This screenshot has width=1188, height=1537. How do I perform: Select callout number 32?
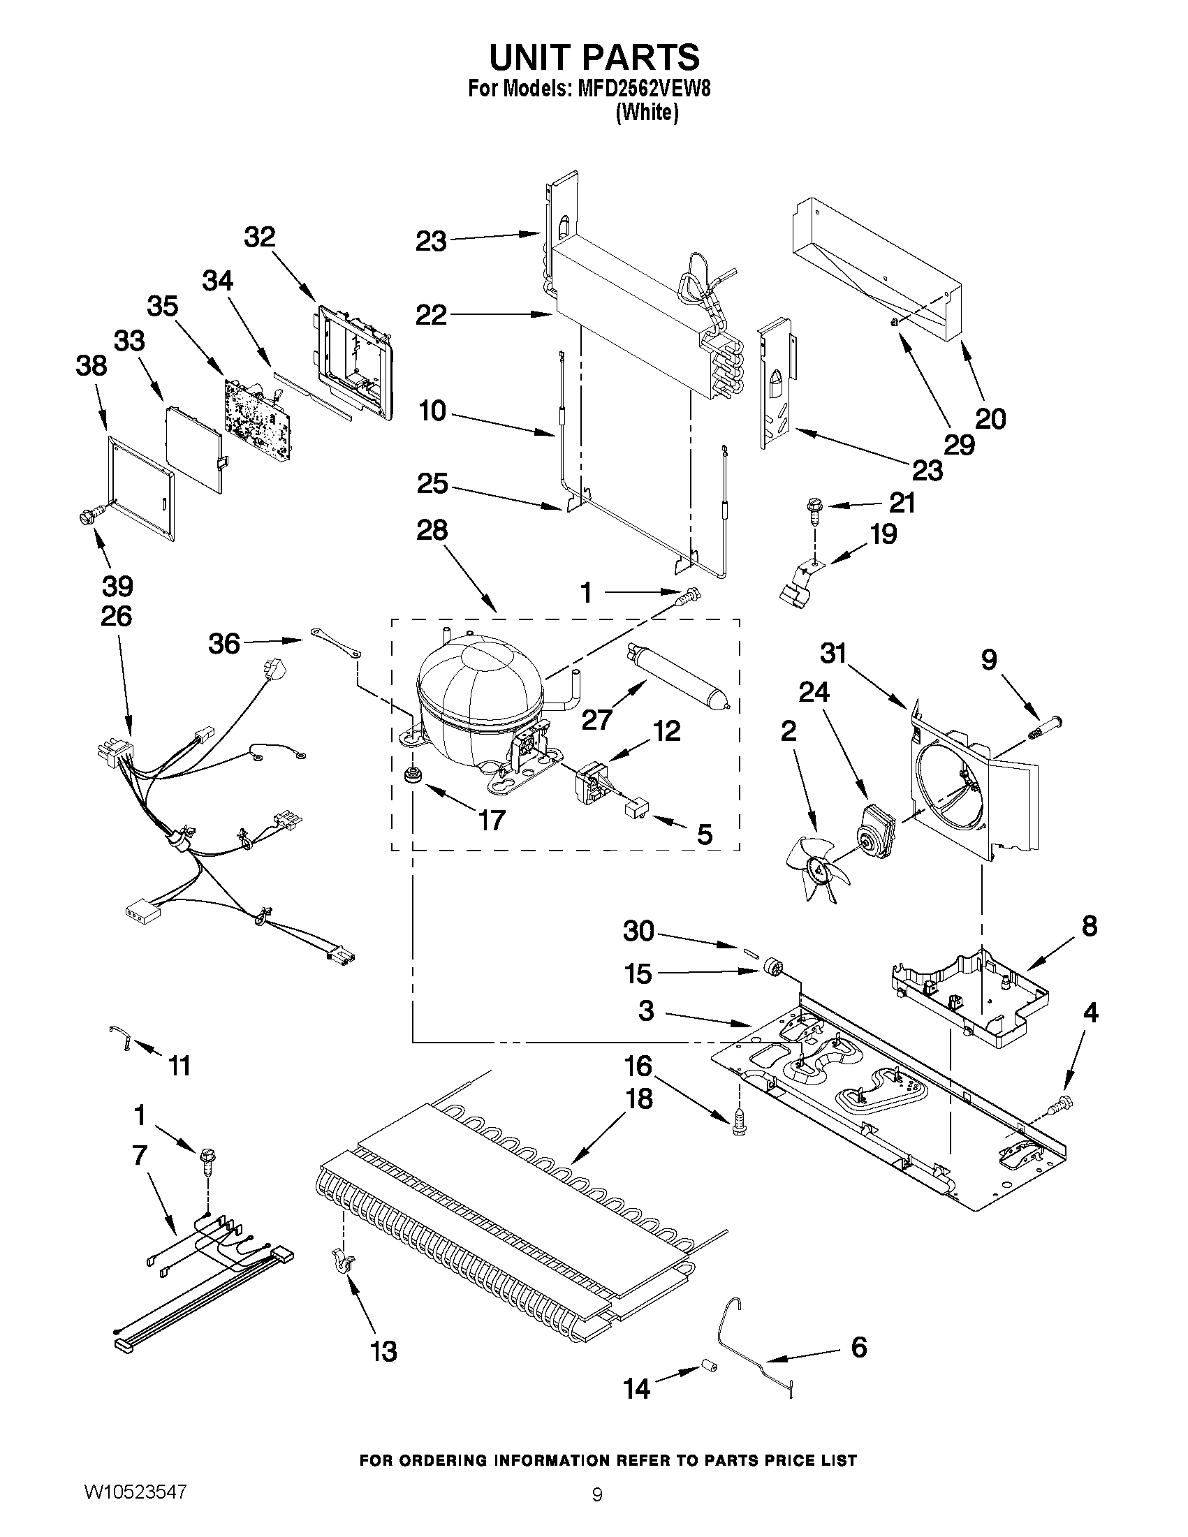tap(259, 237)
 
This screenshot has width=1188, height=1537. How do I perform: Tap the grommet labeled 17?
tap(410, 775)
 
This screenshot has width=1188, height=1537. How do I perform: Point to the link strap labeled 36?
tap(334, 643)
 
